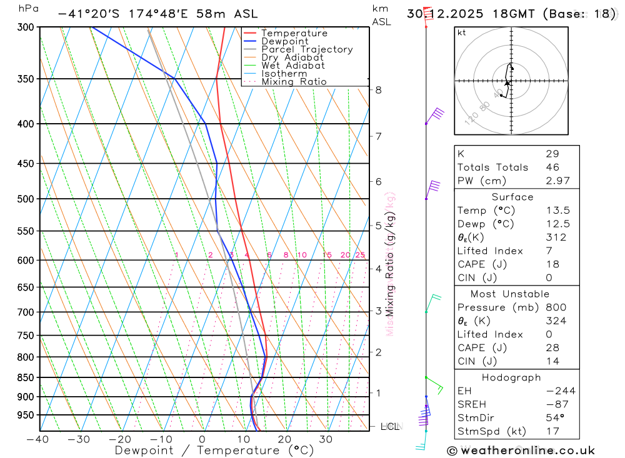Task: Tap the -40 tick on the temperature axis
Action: pyautogui.click(x=38, y=439)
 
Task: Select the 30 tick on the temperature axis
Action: pyautogui.click(x=326, y=439)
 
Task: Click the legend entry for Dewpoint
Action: pyautogui.click(x=285, y=41)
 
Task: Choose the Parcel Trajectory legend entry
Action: pyautogui.click(x=307, y=49)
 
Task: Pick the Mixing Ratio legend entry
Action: pyautogui.click(x=294, y=82)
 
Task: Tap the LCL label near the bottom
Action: pyautogui.click(x=389, y=427)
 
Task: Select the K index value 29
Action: pyautogui.click(x=552, y=154)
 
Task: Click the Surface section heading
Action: pyautogui.click(x=512, y=197)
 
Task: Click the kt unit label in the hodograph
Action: pyautogui.click(x=461, y=32)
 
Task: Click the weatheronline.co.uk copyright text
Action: pyautogui.click(x=521, y=451)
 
